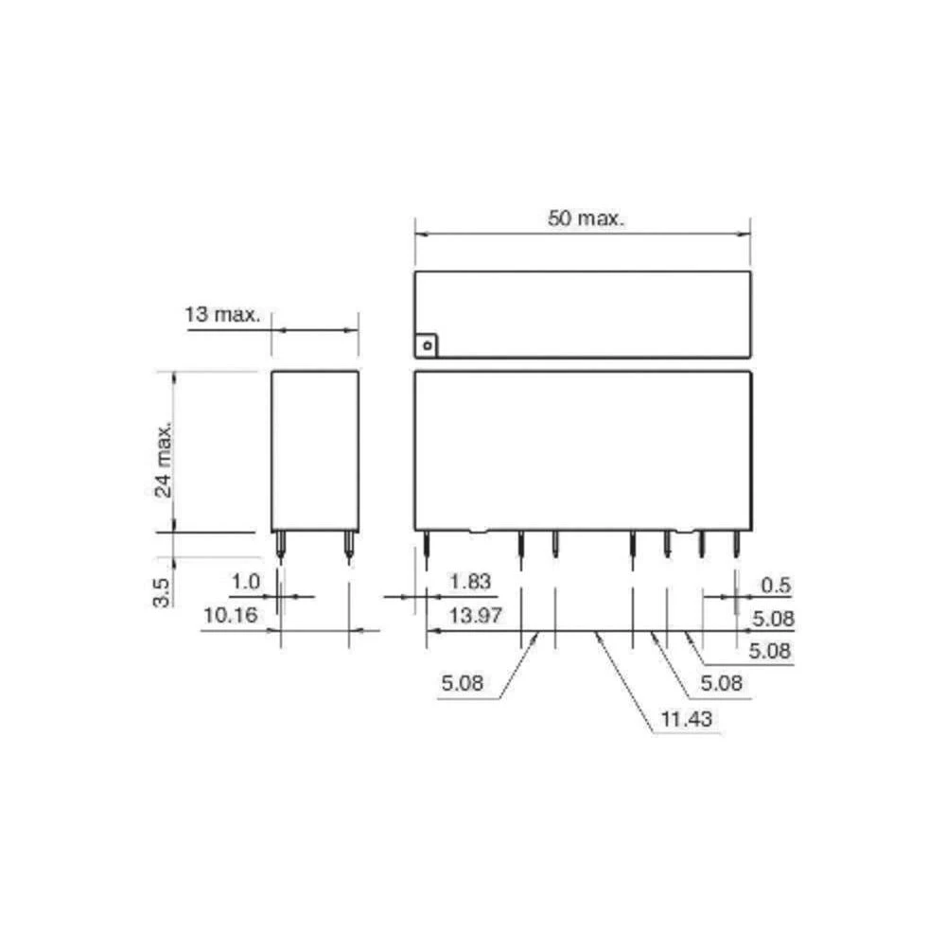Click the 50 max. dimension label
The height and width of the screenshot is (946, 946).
[586, 219]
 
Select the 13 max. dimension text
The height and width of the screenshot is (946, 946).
[222, 314]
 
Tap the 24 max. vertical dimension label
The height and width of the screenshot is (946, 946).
[163, 460]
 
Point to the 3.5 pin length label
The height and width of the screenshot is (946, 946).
[162, 592]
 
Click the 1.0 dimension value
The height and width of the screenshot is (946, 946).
[246, 582]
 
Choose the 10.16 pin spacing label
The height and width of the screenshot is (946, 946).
[231, 616]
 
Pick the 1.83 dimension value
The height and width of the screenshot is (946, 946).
[470, 582]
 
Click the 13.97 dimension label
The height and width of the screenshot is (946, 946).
[476, 616]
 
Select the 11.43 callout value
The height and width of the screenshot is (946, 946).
[687, 719]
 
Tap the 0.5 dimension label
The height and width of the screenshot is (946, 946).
[776, 586]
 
